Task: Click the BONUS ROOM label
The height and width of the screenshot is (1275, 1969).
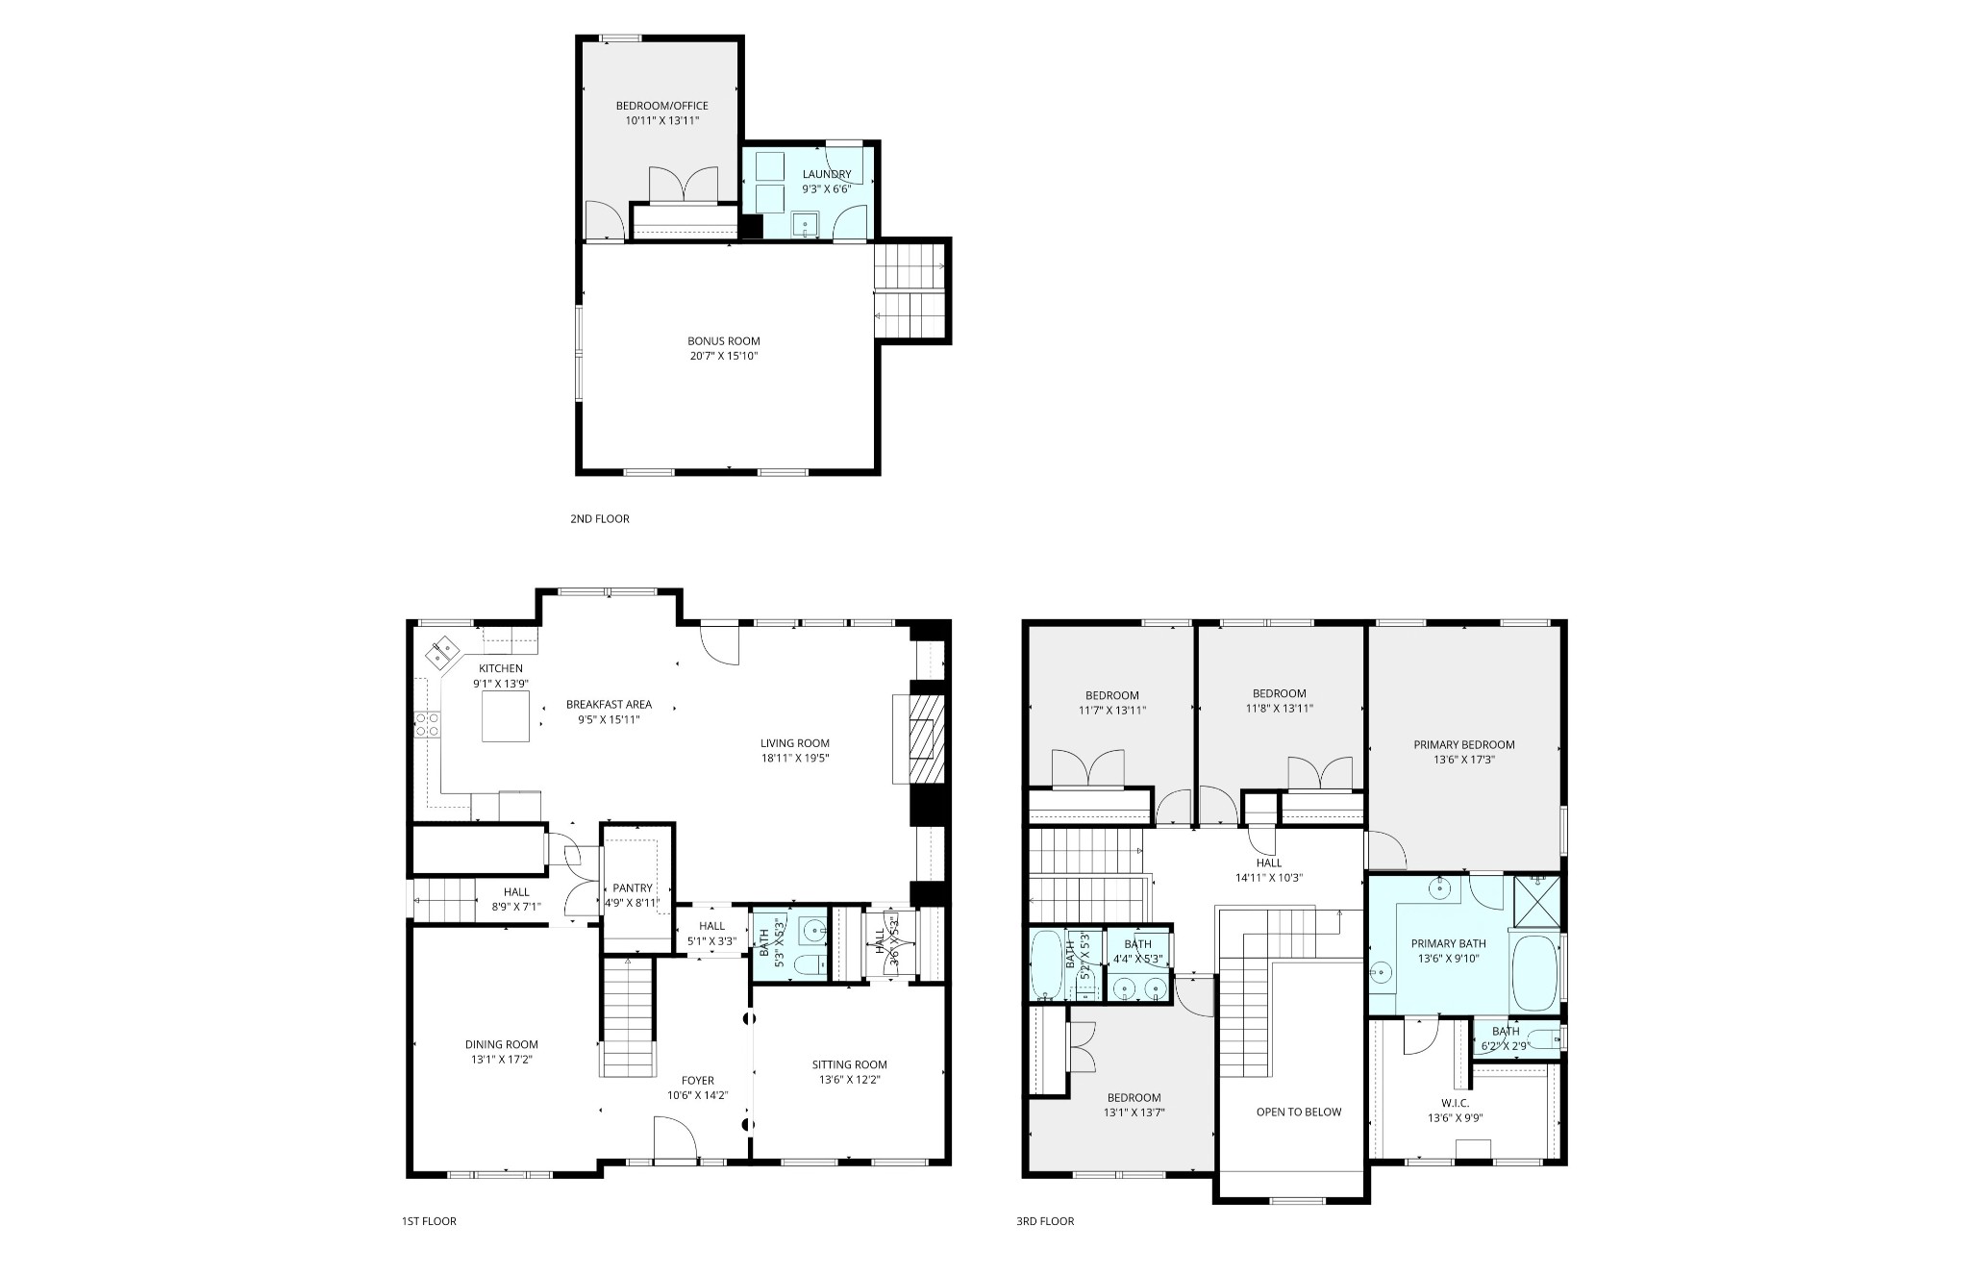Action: pyautogui.click(x=723, y=341)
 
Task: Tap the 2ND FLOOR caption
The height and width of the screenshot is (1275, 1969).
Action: pyautogui.click(x=599, y=519)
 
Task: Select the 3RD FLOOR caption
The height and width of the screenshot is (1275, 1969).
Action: pyautogui.click(x=1045, y=1221)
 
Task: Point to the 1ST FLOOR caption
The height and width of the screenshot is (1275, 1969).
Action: pyautogui.click(x=429, y=1221)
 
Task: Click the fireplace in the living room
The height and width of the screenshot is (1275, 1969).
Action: pyautogui.click(x=928, y=740)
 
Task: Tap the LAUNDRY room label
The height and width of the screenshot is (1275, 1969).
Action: pyautogui.click(x=827, y=174)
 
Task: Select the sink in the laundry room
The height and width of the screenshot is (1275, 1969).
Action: pyautogui.click(x=804, y=225)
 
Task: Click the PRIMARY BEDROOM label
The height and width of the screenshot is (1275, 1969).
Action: pyautogui.click(x=1463, y=744)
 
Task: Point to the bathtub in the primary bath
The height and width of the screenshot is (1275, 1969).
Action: pyautogui.click(x=1533, y=972)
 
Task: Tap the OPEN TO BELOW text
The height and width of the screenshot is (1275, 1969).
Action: pyautogui.click(x=1298, y=1112)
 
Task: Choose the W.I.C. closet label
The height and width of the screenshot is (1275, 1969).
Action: pyautogui.click(x=1455, y=1103)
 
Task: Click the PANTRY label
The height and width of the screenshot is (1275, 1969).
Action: pyautogui.click(x=632, y=887)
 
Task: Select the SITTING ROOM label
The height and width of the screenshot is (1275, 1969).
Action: pyautogui.click(x=849, y=1064)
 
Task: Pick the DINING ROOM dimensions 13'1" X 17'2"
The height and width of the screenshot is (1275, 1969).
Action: pyautogui.click(x=502, y=1060)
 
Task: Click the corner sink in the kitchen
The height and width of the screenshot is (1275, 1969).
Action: pyautogui.click(x=443, y=653)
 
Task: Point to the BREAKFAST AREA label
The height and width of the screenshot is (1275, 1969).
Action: pyautogui.click(x=609, y=704)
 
